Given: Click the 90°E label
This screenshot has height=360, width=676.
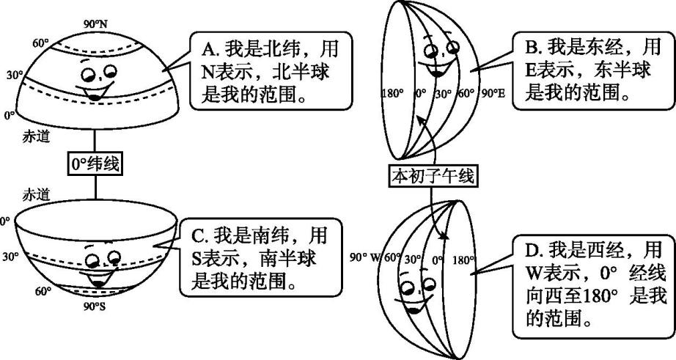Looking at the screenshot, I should click(493, 94).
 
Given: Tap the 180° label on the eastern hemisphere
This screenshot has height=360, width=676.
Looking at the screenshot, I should click(392, 94).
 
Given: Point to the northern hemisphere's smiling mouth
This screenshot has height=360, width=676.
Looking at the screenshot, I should click(96, 92).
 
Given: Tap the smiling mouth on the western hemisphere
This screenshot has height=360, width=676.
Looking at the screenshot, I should click(412, 307).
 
